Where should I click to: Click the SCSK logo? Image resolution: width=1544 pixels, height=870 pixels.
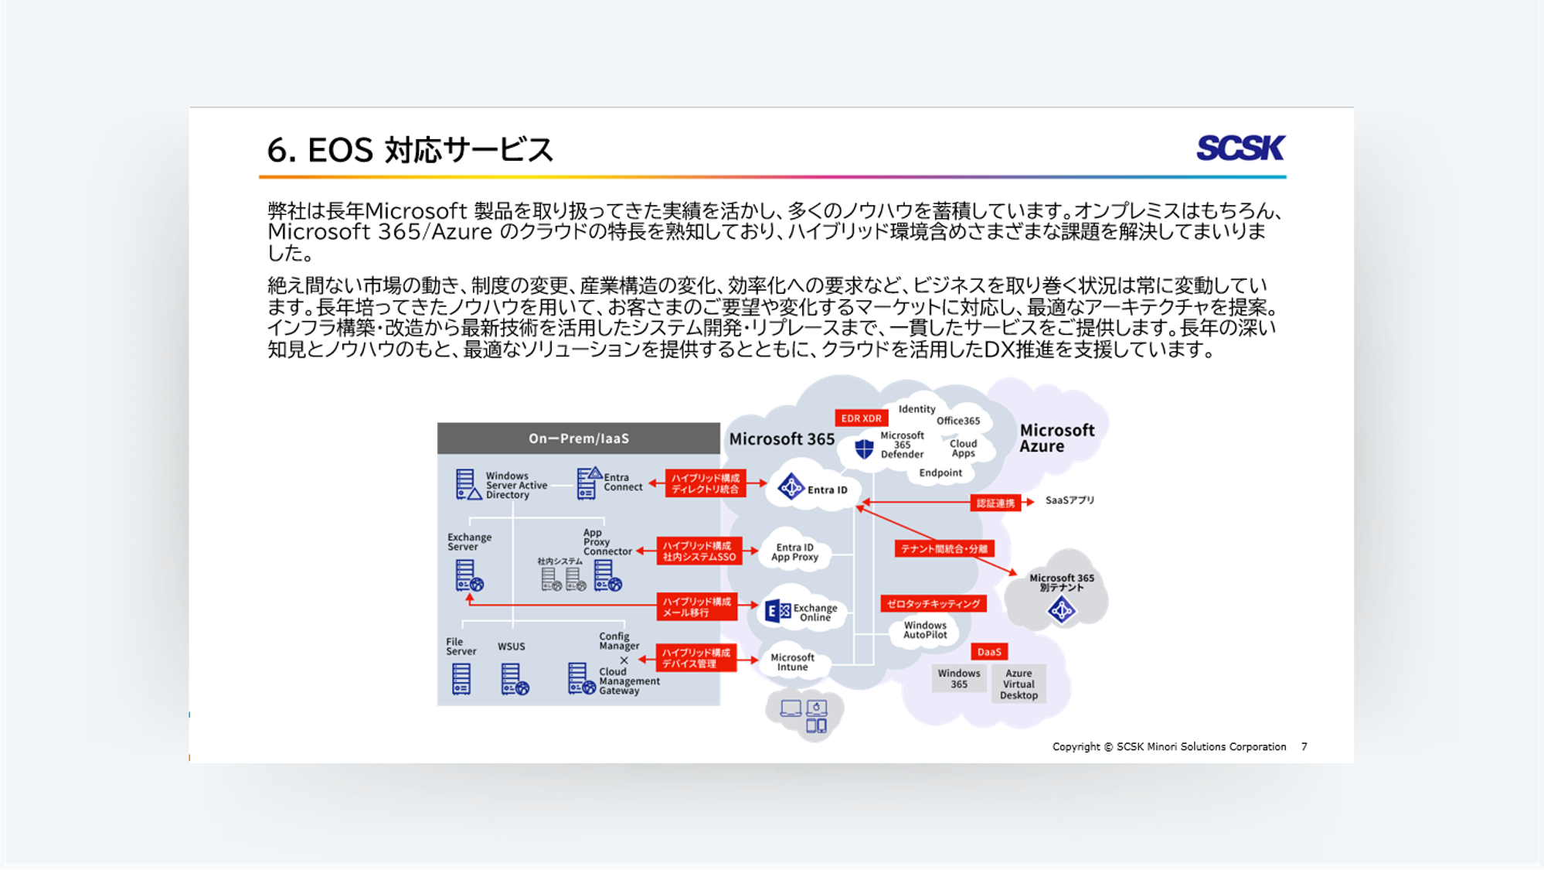pos(1240,148)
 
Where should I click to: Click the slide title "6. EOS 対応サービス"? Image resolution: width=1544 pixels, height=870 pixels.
pos(410,150)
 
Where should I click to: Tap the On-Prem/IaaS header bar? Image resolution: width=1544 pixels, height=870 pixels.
pos(578,438)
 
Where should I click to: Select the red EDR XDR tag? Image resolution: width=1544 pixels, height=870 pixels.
pos(861,418)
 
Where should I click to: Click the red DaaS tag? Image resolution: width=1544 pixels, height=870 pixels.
pos(988,652)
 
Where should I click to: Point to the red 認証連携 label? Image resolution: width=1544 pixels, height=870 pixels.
pos(995,503)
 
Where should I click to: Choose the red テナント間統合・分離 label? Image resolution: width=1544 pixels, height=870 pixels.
pos(944,549)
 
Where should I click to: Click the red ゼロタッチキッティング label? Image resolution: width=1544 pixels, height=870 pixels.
pos(933,604)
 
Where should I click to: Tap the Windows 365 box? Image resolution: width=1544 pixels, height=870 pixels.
pos(958,679)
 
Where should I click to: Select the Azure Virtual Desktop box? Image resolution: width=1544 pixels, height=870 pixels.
pos(1019,684)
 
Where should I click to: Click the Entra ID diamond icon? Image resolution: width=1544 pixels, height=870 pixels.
pos(791,487)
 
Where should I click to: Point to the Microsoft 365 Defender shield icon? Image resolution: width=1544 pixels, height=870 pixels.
pos(864,449)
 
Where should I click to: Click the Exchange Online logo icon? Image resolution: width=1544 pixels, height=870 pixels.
pos(777,611)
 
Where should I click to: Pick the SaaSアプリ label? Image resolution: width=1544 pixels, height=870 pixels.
pos(1070,500)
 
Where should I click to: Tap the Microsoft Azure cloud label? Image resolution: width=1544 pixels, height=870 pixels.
pos(1056,438)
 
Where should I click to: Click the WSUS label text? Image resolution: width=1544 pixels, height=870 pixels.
pos(511,647)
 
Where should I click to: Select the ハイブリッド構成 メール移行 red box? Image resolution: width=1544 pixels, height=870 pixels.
pos(696,607)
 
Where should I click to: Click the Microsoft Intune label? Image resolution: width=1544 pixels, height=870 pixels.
pos(792,662)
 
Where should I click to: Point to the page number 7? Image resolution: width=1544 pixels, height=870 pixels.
pos(1304,747)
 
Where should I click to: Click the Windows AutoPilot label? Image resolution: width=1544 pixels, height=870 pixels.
pos(925,630)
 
